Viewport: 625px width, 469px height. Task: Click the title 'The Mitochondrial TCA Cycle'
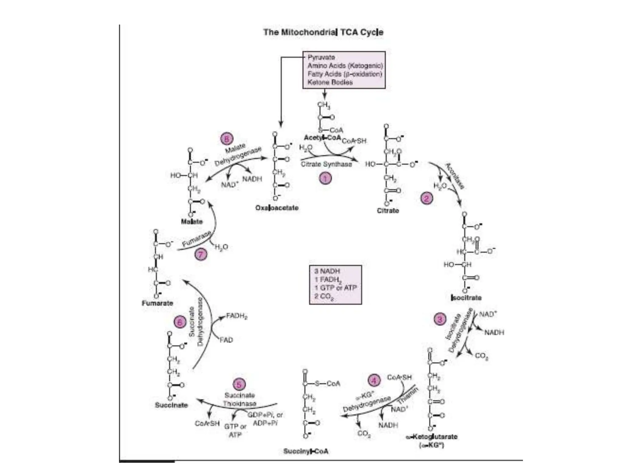tap(323, 32)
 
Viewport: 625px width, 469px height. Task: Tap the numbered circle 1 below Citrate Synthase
tap(325, 178)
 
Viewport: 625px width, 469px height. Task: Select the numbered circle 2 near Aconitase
tap(426, 199)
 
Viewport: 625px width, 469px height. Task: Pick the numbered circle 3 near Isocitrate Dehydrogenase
tap(440, 320)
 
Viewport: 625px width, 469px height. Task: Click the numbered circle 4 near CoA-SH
tap(374, 380)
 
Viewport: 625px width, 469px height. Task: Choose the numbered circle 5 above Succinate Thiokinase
tap(239, 384)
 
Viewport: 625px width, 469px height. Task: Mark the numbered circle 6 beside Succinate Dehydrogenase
tap(180, 322)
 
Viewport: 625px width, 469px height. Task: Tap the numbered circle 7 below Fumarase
tap(201, 254)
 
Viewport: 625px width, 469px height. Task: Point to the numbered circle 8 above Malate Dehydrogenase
tap(227, 139)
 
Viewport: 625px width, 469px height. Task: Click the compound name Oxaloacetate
tap(277, 208)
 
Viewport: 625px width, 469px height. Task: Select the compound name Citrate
tap(388, 211)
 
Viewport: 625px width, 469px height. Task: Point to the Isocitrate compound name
tap(466, 298)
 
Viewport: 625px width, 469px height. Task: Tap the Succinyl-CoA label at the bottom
tap(306, 451)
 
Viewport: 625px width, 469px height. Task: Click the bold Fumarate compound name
tap(157, 303)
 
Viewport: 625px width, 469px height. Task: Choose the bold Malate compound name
tap(192, 222)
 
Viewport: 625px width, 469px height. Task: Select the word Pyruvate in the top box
tap(321, 57)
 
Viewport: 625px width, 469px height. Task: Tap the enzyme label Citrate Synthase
tap(326, 164)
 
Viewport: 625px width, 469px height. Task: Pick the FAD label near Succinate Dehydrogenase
tap(226, 340)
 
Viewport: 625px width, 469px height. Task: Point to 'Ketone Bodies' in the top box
tap(330, 82)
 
